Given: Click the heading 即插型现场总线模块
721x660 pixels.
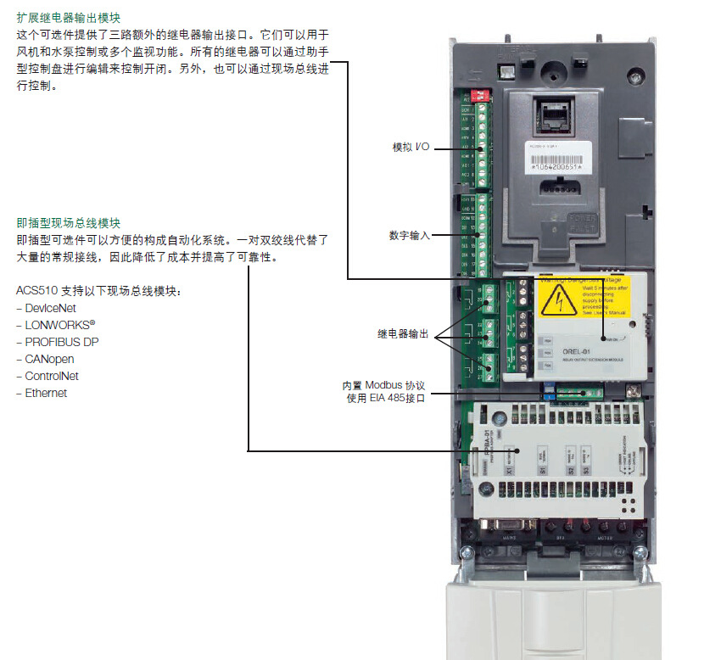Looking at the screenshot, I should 68,223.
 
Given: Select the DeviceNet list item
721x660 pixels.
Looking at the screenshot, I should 50,309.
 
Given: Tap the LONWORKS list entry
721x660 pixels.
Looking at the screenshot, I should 55,325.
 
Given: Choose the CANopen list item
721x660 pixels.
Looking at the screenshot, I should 46,359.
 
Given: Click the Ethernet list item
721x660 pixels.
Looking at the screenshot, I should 45,393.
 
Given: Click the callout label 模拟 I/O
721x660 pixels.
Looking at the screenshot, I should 411,148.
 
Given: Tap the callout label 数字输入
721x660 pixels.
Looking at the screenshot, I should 410,235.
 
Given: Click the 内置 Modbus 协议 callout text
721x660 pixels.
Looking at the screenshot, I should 383,385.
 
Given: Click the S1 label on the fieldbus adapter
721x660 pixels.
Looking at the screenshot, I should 540,468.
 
